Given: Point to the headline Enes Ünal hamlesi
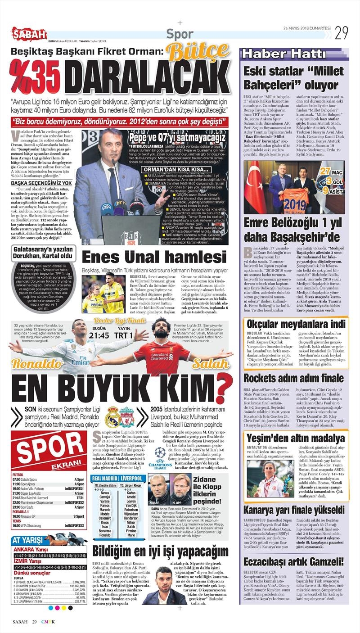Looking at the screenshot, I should click(x=155, y=258).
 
